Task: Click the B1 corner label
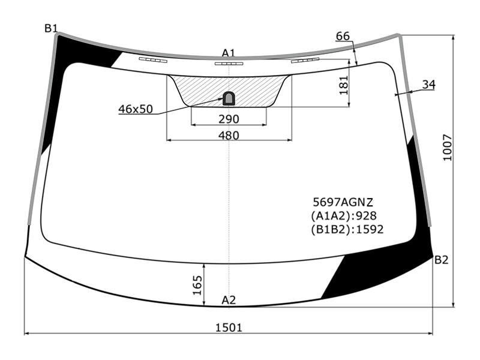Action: pyautogui.click(x=51, y=28)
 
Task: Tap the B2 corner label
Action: pyautogui.click(x=441, y=260)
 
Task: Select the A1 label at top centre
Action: pyautogui.click(x=229, y=53)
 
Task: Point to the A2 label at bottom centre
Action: pyautogui.click(x=229, y=300)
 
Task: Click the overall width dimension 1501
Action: pyautogui.click(x=229, y=328)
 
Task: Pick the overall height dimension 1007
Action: pyautogui.click(x=448, y=147)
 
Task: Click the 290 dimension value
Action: pyautogui.click(x=229, y=119)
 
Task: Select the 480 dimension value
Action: pyautogui.click(x=229, y=136)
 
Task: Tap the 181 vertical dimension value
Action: pyautogui.click(x=344, y=85)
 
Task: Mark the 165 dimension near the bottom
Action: pyautogui.click(x=197, y=286)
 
